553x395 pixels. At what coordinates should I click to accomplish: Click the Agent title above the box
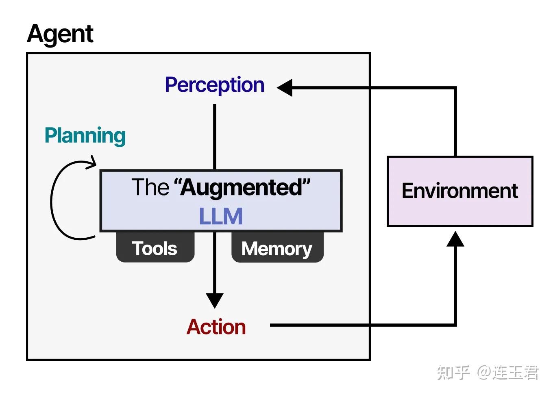[x=60, y=34]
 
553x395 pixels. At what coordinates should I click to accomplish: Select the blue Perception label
[x=214, y=85]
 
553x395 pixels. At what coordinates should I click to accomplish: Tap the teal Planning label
[x=85, y=136]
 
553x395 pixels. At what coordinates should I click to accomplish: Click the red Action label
[x=216, y=327]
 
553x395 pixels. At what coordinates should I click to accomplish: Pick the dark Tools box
[x=155, y=248]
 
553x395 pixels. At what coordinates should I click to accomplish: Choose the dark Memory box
[x=277, y=248]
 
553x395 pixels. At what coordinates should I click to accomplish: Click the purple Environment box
[x=459, y=191]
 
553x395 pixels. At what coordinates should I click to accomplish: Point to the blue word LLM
[x=221, y=216]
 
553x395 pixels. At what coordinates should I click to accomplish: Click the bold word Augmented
[x=242, y=188]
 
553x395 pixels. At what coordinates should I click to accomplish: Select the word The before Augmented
[x=150, y=187]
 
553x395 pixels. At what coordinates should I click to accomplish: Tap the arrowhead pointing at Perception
[x=285, y=88]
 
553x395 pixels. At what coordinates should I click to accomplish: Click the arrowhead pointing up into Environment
[x=455, y=239]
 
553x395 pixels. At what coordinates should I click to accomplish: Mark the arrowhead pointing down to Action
[x=215, y=300]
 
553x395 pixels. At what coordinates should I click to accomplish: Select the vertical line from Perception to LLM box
[x=215, y=137]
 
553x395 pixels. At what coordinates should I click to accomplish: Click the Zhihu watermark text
[x=453, y=373]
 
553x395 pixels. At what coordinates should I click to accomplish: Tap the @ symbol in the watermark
[x=483, y=373]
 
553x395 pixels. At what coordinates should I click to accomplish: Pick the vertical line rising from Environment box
[x=455, y=122]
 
